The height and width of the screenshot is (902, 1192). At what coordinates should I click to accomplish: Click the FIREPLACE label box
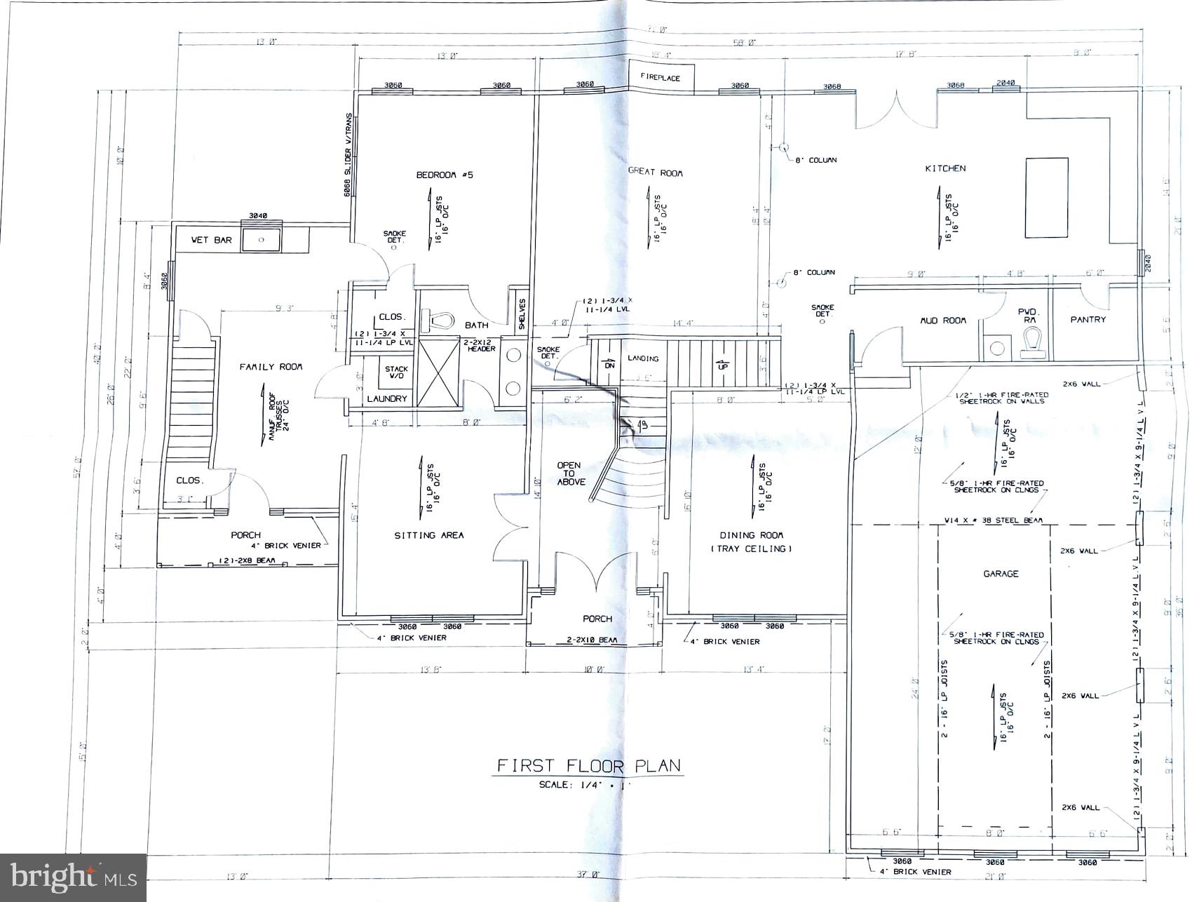[660, 78]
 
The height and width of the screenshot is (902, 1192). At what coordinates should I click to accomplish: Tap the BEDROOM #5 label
[445, 175]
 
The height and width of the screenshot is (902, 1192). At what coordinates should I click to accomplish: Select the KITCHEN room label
[945, 168]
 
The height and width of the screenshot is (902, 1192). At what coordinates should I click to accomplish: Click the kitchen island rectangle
[1046, 198]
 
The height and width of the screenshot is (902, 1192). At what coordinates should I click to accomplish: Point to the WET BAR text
[211, 240]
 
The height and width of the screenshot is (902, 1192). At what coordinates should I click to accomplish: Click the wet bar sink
[262, 239]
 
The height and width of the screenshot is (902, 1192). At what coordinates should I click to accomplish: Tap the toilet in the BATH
[437, 322]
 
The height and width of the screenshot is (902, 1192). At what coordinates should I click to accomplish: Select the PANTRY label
[1088, 319]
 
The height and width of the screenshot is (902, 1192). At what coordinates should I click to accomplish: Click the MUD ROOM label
[943, 321]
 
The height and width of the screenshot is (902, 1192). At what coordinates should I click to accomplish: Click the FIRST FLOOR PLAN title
[589, 765]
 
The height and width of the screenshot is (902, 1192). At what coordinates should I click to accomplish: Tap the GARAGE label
[1001, 574]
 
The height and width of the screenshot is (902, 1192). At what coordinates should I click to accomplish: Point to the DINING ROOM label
[751, 541]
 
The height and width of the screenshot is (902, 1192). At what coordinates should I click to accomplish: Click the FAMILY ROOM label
[271, 367]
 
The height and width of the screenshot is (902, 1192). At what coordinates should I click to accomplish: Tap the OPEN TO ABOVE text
[569, 473]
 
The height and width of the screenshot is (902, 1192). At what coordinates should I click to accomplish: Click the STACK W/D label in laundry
[396, 372]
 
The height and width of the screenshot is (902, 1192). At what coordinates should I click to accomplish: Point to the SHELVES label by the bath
[522, 314]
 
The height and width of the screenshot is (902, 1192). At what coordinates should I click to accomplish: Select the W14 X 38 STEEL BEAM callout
[994, 520]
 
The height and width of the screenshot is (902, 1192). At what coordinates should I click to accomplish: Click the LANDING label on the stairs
[643, 358]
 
